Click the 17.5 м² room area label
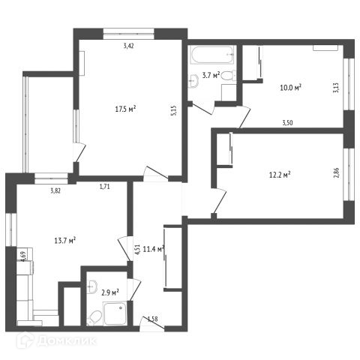point(125,109)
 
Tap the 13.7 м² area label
point(65,241)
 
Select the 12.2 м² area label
point(280,174)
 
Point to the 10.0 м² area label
point(290,88)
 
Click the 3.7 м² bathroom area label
point(211,75)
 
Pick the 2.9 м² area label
point(110,292)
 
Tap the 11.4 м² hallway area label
point(154,249)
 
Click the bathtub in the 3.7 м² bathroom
point(212,55)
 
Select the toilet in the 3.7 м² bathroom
point(229,75)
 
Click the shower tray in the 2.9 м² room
point(115,313)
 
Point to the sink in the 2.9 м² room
point(91,286)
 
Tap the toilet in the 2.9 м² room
point(94,318)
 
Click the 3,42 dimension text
point(129,46)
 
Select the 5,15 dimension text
point(174,110)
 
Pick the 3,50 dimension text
point(287,123)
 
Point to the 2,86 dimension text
point(336,172)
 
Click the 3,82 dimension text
point(55,191)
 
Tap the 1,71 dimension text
point(105,187)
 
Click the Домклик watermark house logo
point(25,340)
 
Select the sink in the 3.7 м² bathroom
point(193,81)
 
